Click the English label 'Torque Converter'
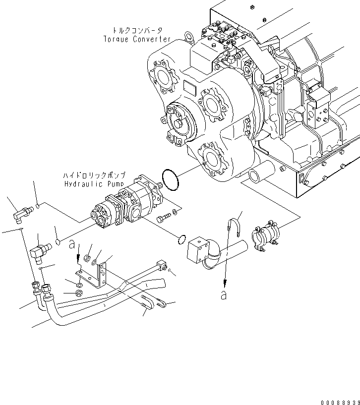pyautogui.click(x=137, y=39)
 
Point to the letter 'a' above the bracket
pyautogui.click(x=73, y=243)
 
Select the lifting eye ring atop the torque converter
pyautogui.click(x=188, y=36)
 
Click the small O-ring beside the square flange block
pyautogui.click(x=181, y=240)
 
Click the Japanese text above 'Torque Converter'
pyautogui.click(x=137, y=30)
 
